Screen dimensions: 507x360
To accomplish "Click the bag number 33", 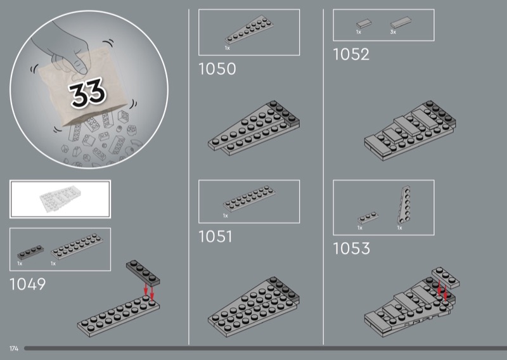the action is (x=87, y=93).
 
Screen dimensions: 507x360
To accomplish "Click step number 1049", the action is (x=28, y=285).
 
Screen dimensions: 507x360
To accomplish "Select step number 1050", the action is (x=217, y=69).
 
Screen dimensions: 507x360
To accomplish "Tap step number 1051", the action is (x=215, y=236).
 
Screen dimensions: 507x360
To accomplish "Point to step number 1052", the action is (x=351, y=55).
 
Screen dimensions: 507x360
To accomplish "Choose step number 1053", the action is (x=352, y=248).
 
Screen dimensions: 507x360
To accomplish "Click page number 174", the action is (x=14, y=349).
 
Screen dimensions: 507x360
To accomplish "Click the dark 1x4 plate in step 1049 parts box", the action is (x=30, y=252).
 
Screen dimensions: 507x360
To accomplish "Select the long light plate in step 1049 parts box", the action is (x=77, y=246).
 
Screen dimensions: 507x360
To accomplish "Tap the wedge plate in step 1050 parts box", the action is (x=249, y=30).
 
